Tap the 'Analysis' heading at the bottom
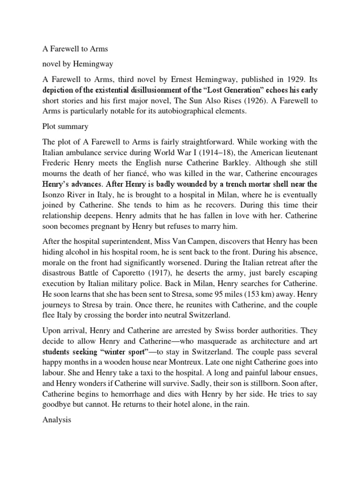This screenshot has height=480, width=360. coord(56,407)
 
